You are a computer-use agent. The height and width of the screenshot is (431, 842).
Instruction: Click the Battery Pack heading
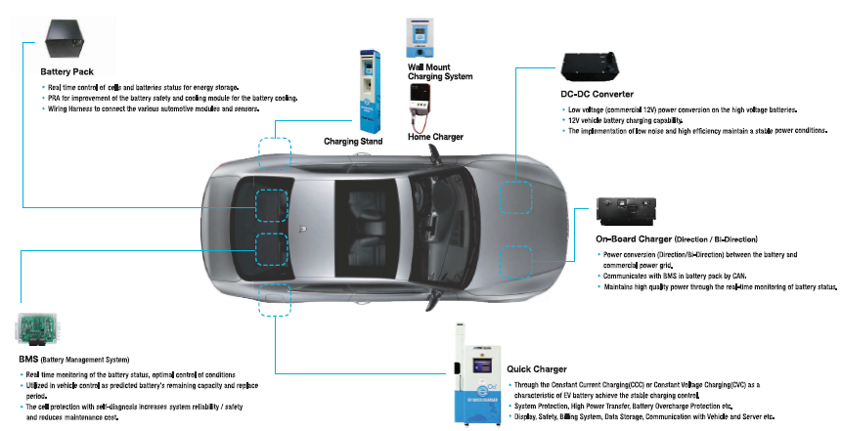tap(66, 72)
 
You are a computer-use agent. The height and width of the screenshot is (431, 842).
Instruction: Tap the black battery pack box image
tap(67, 36)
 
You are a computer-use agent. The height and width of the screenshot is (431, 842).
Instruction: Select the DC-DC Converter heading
tap(598, 94)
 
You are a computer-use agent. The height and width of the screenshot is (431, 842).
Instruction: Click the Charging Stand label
tap(353, 141)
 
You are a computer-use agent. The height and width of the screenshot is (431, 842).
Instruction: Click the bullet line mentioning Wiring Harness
tap(157, 109)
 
